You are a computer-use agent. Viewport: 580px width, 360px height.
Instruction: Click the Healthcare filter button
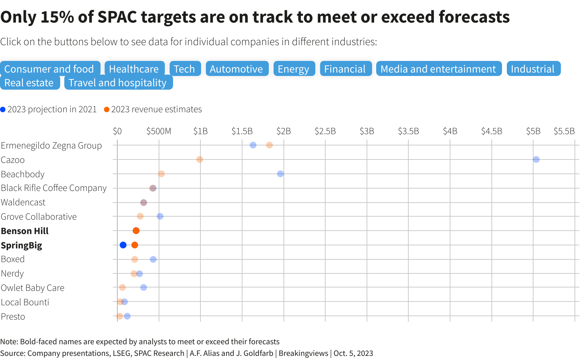point(134,69)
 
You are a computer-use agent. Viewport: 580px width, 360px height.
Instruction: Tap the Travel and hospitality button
point(118,83)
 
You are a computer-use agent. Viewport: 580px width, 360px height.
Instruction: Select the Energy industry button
point(293,69)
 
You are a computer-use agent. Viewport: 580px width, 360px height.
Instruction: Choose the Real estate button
point(29,83)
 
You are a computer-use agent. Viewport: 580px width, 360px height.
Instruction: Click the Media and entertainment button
point(438,69)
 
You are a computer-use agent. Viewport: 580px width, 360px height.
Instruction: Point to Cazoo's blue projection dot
point(536,159)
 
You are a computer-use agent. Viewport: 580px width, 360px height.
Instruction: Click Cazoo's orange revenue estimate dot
point(200,159)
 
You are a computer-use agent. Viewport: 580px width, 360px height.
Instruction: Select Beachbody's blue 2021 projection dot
point(280,174)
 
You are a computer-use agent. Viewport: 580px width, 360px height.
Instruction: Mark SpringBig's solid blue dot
point(123,245)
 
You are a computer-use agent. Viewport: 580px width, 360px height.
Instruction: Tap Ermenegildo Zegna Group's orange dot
point(269,145)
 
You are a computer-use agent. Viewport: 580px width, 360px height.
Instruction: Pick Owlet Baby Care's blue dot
point(144,287)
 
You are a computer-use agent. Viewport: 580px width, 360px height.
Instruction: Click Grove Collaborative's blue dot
point(160,216)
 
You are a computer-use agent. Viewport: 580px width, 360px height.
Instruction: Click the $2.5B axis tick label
point(325,131)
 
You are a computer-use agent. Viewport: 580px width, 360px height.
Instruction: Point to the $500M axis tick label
point(159,131)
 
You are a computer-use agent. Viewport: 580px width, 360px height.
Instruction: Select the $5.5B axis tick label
point(564,131)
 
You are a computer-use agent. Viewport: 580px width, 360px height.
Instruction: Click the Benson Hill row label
point(25,231)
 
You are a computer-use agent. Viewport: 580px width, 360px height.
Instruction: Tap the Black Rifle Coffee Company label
point(54,188)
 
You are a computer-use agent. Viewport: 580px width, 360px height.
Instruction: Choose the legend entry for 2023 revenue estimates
point(153,110)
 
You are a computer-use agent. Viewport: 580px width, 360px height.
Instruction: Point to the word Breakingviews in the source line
point(303,353)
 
